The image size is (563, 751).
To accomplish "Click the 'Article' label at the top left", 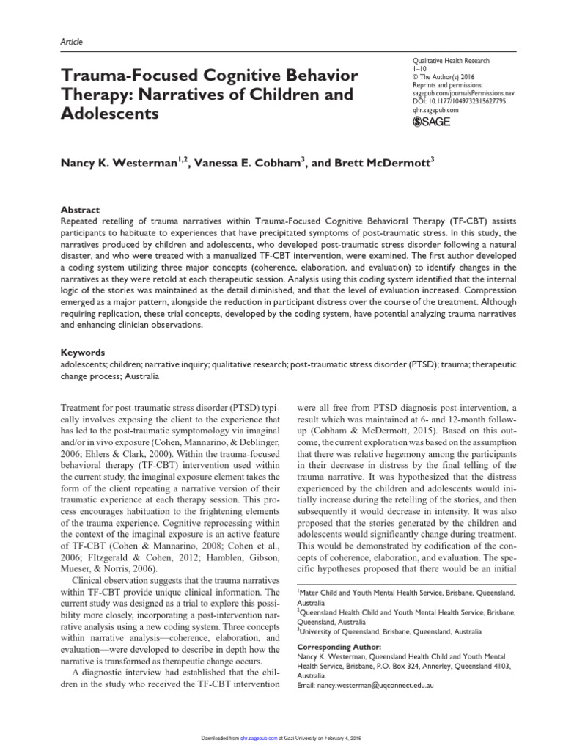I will (70, 42).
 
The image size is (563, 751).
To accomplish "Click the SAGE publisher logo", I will (432, 122).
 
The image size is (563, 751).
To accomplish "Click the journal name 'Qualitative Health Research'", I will (452, 62).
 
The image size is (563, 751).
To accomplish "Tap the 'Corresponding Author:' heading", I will (339, 648).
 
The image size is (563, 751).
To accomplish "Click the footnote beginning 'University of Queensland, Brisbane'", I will (389, 631).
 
